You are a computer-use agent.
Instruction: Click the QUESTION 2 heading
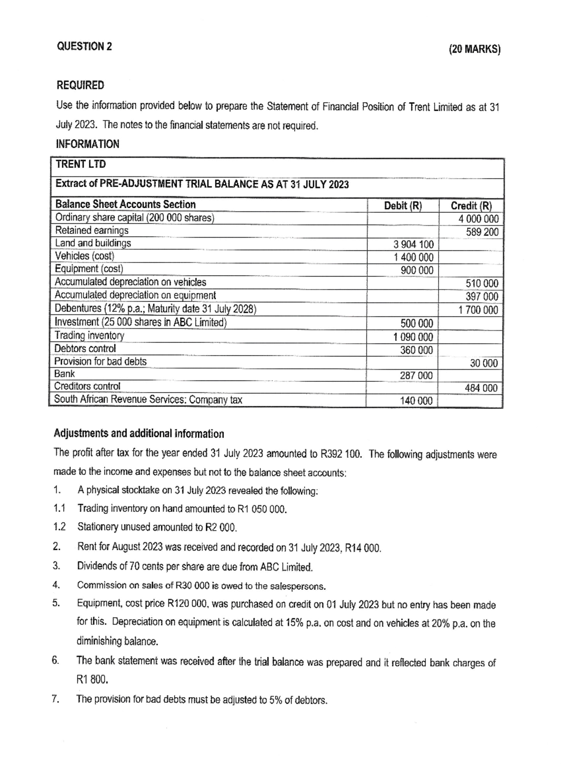84,46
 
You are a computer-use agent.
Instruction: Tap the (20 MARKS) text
474,49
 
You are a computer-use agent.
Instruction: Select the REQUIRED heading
80,85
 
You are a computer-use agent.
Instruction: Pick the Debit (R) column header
403,205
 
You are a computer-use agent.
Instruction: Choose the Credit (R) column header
471,205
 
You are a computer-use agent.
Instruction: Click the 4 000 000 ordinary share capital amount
478,218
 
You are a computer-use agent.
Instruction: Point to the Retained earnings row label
92,230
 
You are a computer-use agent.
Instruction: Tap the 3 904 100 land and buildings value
413,244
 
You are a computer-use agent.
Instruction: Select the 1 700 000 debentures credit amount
478,310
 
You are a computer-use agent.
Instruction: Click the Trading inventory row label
89,335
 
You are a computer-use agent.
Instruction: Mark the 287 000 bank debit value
416,375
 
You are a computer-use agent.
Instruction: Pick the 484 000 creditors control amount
481,388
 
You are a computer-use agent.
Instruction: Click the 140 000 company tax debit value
416,400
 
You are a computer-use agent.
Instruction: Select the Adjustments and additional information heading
139,434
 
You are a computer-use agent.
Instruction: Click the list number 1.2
59,527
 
